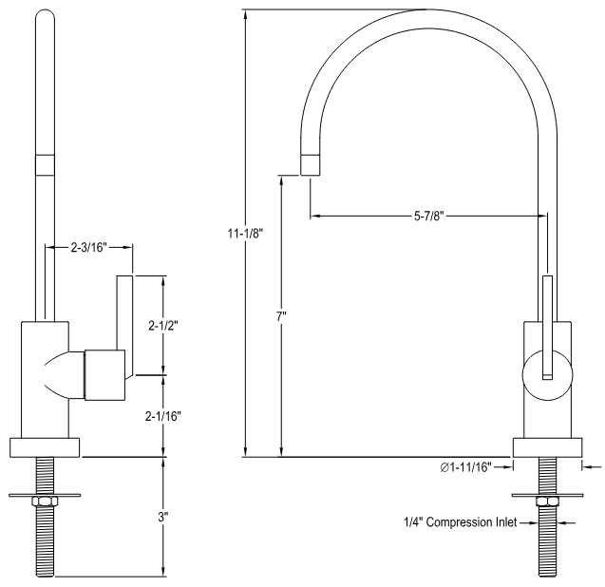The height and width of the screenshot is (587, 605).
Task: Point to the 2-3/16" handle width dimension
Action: (x=88, y=248)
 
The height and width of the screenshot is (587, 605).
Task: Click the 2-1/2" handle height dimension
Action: (x=163, y=325)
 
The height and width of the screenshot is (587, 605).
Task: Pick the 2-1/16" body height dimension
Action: (x=164, y=415)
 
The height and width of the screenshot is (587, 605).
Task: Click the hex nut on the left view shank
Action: (x=44, y=502)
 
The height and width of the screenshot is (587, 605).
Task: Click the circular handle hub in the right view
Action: (x=546, y=372)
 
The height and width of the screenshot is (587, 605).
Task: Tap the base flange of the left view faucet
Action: (x=44, y=447)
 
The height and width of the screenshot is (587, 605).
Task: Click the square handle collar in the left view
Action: (x=104, y=373)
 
